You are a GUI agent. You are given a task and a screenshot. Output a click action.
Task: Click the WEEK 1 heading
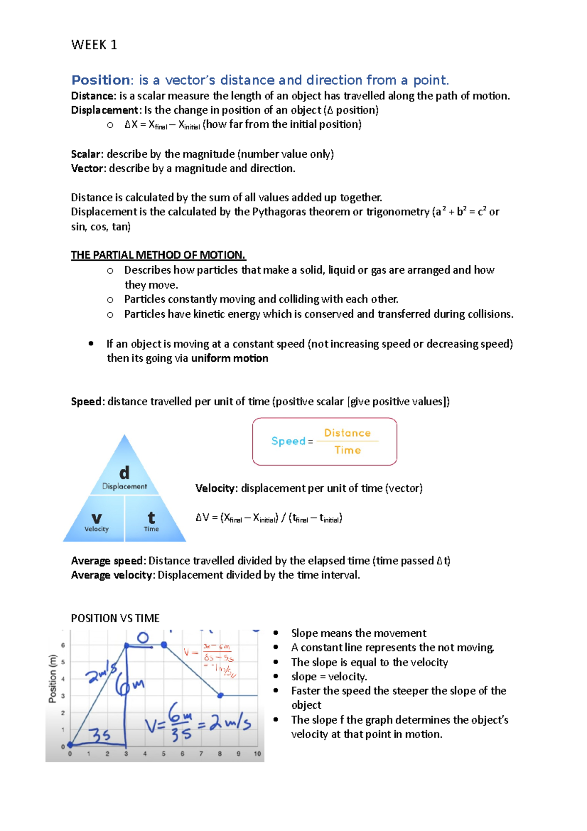click(x=94, y=45)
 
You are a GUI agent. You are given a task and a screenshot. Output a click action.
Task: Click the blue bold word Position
click(x=101, y=80)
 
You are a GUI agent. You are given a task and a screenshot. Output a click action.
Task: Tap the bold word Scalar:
click(x=88, y=154)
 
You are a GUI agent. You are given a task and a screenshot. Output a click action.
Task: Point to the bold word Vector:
click(x=89, y=168)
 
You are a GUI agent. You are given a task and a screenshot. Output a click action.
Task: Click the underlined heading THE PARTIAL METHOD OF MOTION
click(x=158, y=255)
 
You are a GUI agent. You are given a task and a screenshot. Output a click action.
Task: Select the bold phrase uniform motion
click(x=229, y=358)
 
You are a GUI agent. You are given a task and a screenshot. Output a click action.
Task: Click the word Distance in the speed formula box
click(x=347, y=433)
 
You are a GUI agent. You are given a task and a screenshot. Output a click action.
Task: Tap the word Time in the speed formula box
click(x=347, y=450)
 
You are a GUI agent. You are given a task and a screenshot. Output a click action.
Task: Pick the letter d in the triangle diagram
click(x=124, y=473)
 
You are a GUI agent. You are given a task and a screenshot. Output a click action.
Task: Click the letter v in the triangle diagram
click(x=96, y=518)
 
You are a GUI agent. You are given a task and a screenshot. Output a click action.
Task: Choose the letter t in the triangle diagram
click(x=151, y=518)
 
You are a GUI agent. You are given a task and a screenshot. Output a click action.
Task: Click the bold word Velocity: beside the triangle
click(x=217, y=488)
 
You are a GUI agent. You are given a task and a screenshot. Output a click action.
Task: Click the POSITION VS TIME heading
click(x=115, y=618)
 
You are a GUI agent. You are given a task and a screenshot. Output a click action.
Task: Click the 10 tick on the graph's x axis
click(x=257, y=754)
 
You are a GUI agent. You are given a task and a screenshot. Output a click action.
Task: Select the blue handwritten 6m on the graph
click(x=130, y=685)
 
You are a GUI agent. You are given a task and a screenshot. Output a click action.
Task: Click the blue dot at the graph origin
click(x=70, y=744)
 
